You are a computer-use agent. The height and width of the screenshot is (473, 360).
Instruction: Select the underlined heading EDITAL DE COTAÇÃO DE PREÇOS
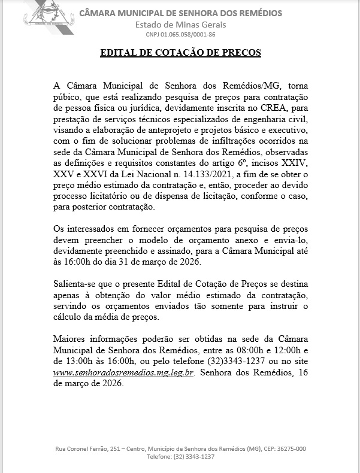pyautogui.click(x=180, y=53)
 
